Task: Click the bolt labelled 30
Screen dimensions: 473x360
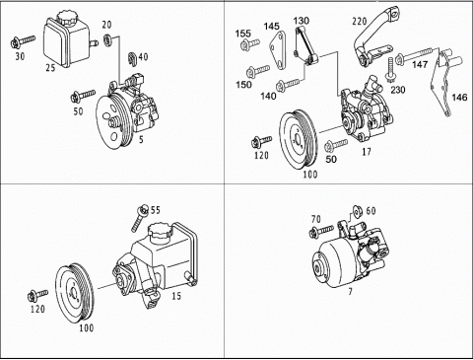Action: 23,41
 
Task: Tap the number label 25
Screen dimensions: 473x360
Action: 50,68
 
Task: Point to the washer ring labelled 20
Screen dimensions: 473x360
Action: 108,38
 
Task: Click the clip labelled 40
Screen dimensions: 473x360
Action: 132,58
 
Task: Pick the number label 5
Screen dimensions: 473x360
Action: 141,140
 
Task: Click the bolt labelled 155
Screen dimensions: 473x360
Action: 249,43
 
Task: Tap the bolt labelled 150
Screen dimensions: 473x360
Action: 258,70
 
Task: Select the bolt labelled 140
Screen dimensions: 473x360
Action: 288,84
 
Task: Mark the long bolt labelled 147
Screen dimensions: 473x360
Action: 417,55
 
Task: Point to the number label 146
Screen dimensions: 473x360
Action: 459,98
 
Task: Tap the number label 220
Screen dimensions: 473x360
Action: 359,22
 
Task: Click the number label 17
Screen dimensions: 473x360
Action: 367,152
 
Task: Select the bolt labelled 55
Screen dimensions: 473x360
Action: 139,218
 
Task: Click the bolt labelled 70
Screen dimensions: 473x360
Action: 321,231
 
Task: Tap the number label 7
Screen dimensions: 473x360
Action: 350,291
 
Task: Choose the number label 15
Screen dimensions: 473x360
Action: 176,296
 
